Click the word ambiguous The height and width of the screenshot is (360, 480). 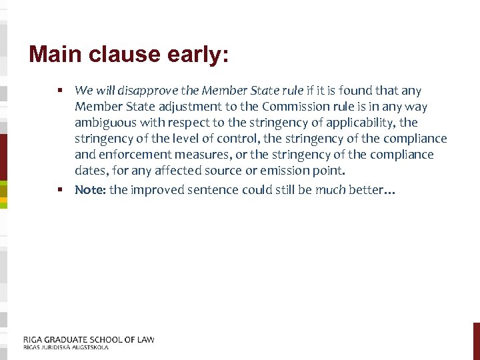104,123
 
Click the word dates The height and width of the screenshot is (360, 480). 90,171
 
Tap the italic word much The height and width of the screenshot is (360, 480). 330,189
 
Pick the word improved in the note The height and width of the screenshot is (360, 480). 155,189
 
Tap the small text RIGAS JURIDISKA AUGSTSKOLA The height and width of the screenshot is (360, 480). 65,347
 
